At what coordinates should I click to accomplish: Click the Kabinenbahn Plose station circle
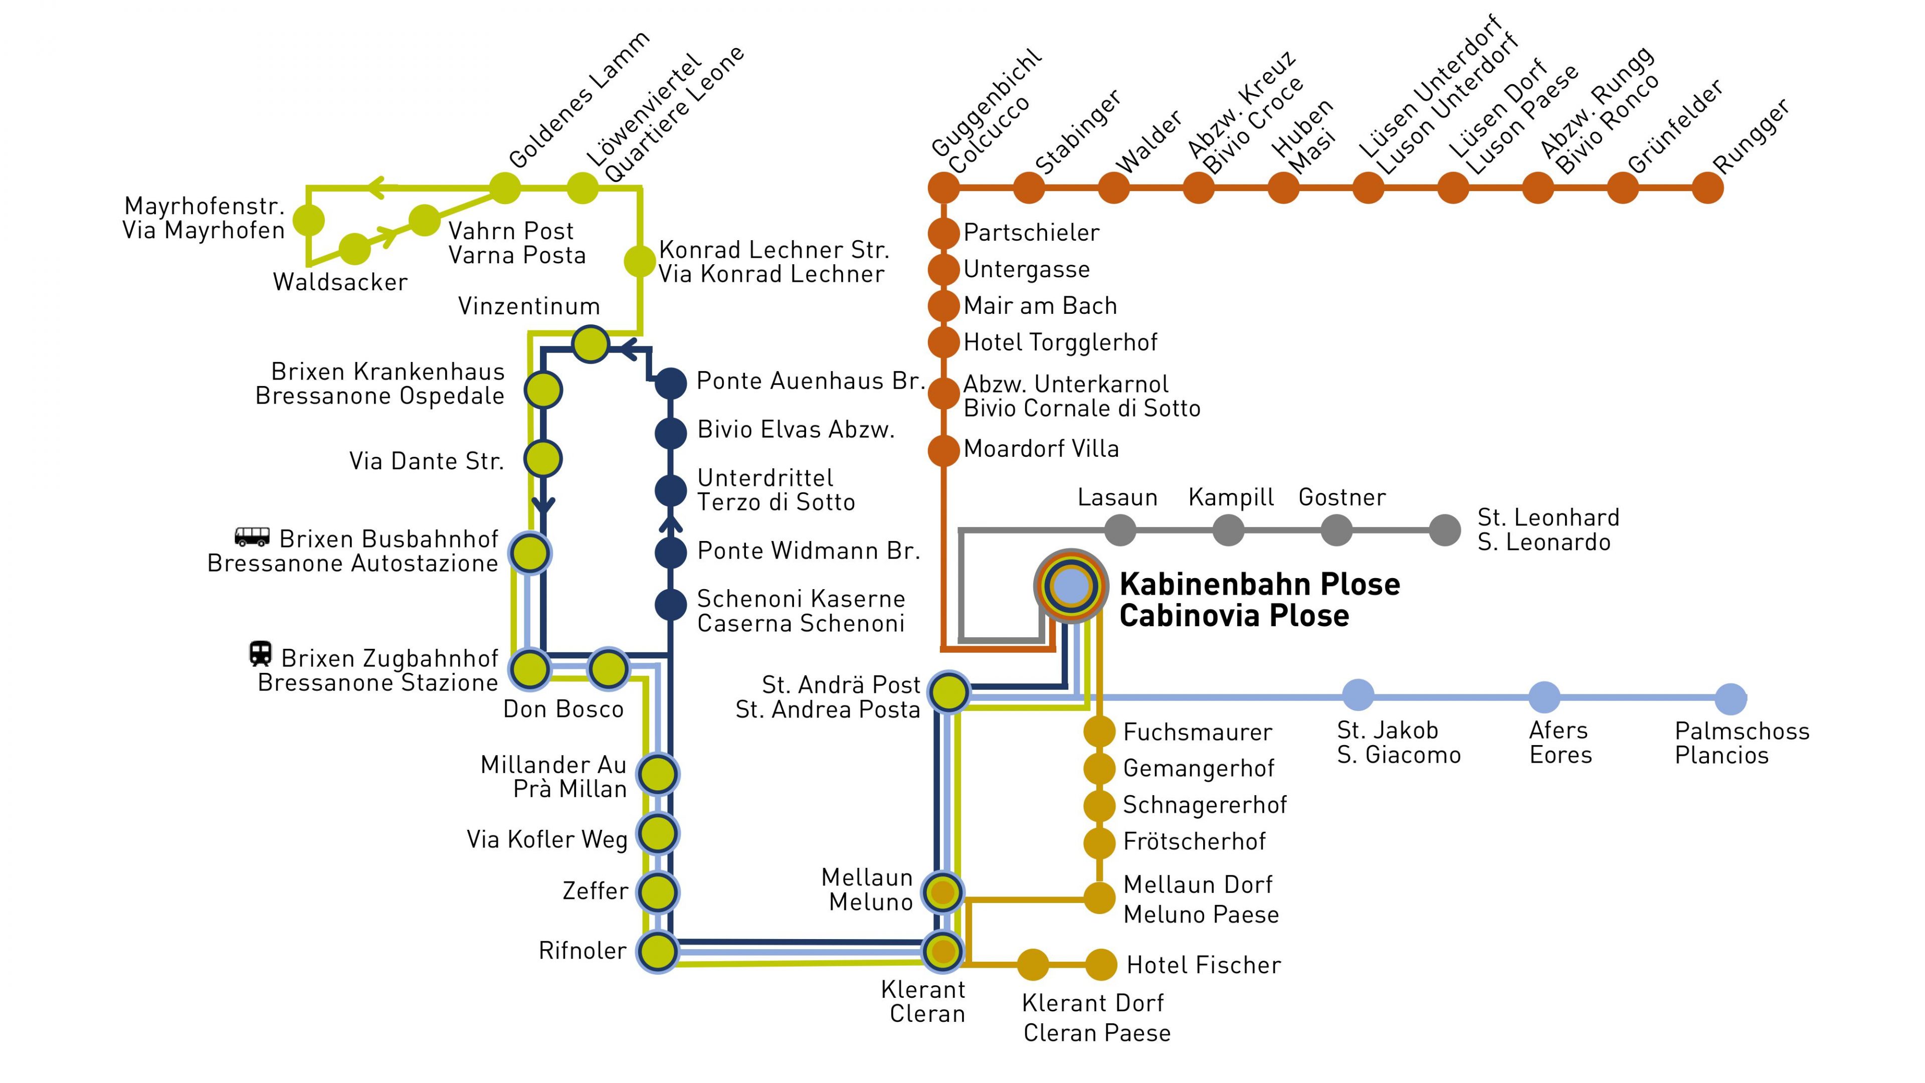coord(1071,586)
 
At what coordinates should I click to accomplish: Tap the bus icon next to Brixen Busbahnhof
coord(252,536)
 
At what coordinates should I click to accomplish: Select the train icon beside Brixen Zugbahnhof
coord(260,653)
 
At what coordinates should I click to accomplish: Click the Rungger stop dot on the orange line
coord(1707,188)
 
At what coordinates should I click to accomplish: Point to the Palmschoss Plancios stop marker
coord(1730,698)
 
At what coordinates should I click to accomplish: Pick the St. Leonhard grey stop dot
coord(1444,530)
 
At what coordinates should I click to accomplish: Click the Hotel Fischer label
coord(1203,965)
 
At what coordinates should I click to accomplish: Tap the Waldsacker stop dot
coord(354,249)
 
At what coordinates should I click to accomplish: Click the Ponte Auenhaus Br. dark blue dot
coord(670,384)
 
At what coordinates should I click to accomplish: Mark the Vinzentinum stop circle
coord(591,344)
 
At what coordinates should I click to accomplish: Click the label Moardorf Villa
coord(1041,448)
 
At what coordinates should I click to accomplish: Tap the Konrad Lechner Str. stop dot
coord(639,261)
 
